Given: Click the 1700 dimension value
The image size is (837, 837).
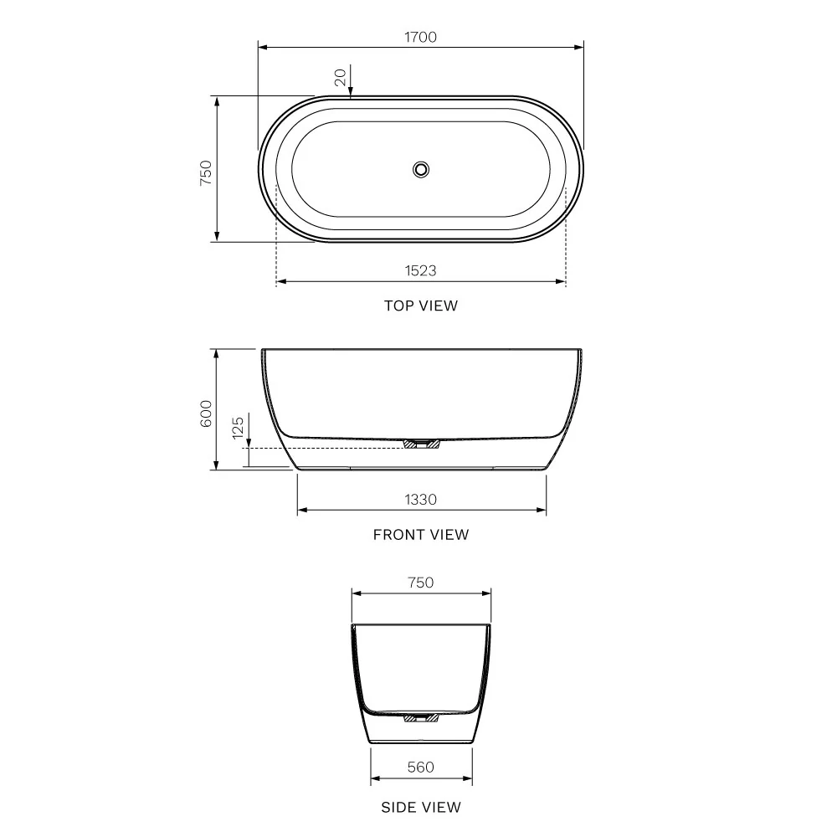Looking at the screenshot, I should pos(420,37).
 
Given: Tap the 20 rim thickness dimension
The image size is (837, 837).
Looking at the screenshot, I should pos(340,77).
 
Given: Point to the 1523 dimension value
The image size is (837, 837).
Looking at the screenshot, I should pos(420,270).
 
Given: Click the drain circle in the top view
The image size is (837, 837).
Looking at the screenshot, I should pos(421,169).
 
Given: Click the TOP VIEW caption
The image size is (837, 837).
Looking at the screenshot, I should pos(421,306).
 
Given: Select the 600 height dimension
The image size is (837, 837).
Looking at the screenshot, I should pos(207,413).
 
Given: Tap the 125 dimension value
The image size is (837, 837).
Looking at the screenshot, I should pos(239,428).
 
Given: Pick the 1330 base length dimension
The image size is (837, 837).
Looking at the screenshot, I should pos(421,499).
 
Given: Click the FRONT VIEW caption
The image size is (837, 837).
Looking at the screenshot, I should pos(421,534).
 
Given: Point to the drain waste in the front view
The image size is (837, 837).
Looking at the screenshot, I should pos(421,443).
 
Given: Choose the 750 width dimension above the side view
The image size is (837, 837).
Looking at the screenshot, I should pos(421,583).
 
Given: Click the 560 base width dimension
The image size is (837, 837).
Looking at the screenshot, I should pos(421,767).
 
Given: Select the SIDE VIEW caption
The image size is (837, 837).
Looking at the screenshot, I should pos(421,807).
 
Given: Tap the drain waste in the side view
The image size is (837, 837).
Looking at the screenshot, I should pos(421,717).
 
